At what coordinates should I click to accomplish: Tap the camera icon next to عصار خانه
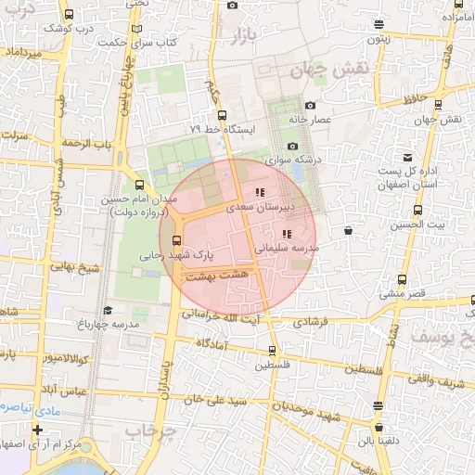310,106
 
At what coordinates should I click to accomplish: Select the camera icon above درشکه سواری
293,146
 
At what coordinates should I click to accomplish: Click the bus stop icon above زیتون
378,25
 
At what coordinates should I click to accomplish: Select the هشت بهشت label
214,276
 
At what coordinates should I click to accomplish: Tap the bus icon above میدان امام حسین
140,185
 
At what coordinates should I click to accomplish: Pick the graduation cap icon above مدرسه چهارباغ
108,311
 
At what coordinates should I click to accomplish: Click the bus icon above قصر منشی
402,279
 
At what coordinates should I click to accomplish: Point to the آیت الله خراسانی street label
225,316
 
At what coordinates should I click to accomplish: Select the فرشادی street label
310,324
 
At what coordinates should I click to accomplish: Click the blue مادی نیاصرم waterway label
17,406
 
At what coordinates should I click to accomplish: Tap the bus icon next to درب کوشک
70,16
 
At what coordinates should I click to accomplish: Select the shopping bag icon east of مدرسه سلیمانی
348,230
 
